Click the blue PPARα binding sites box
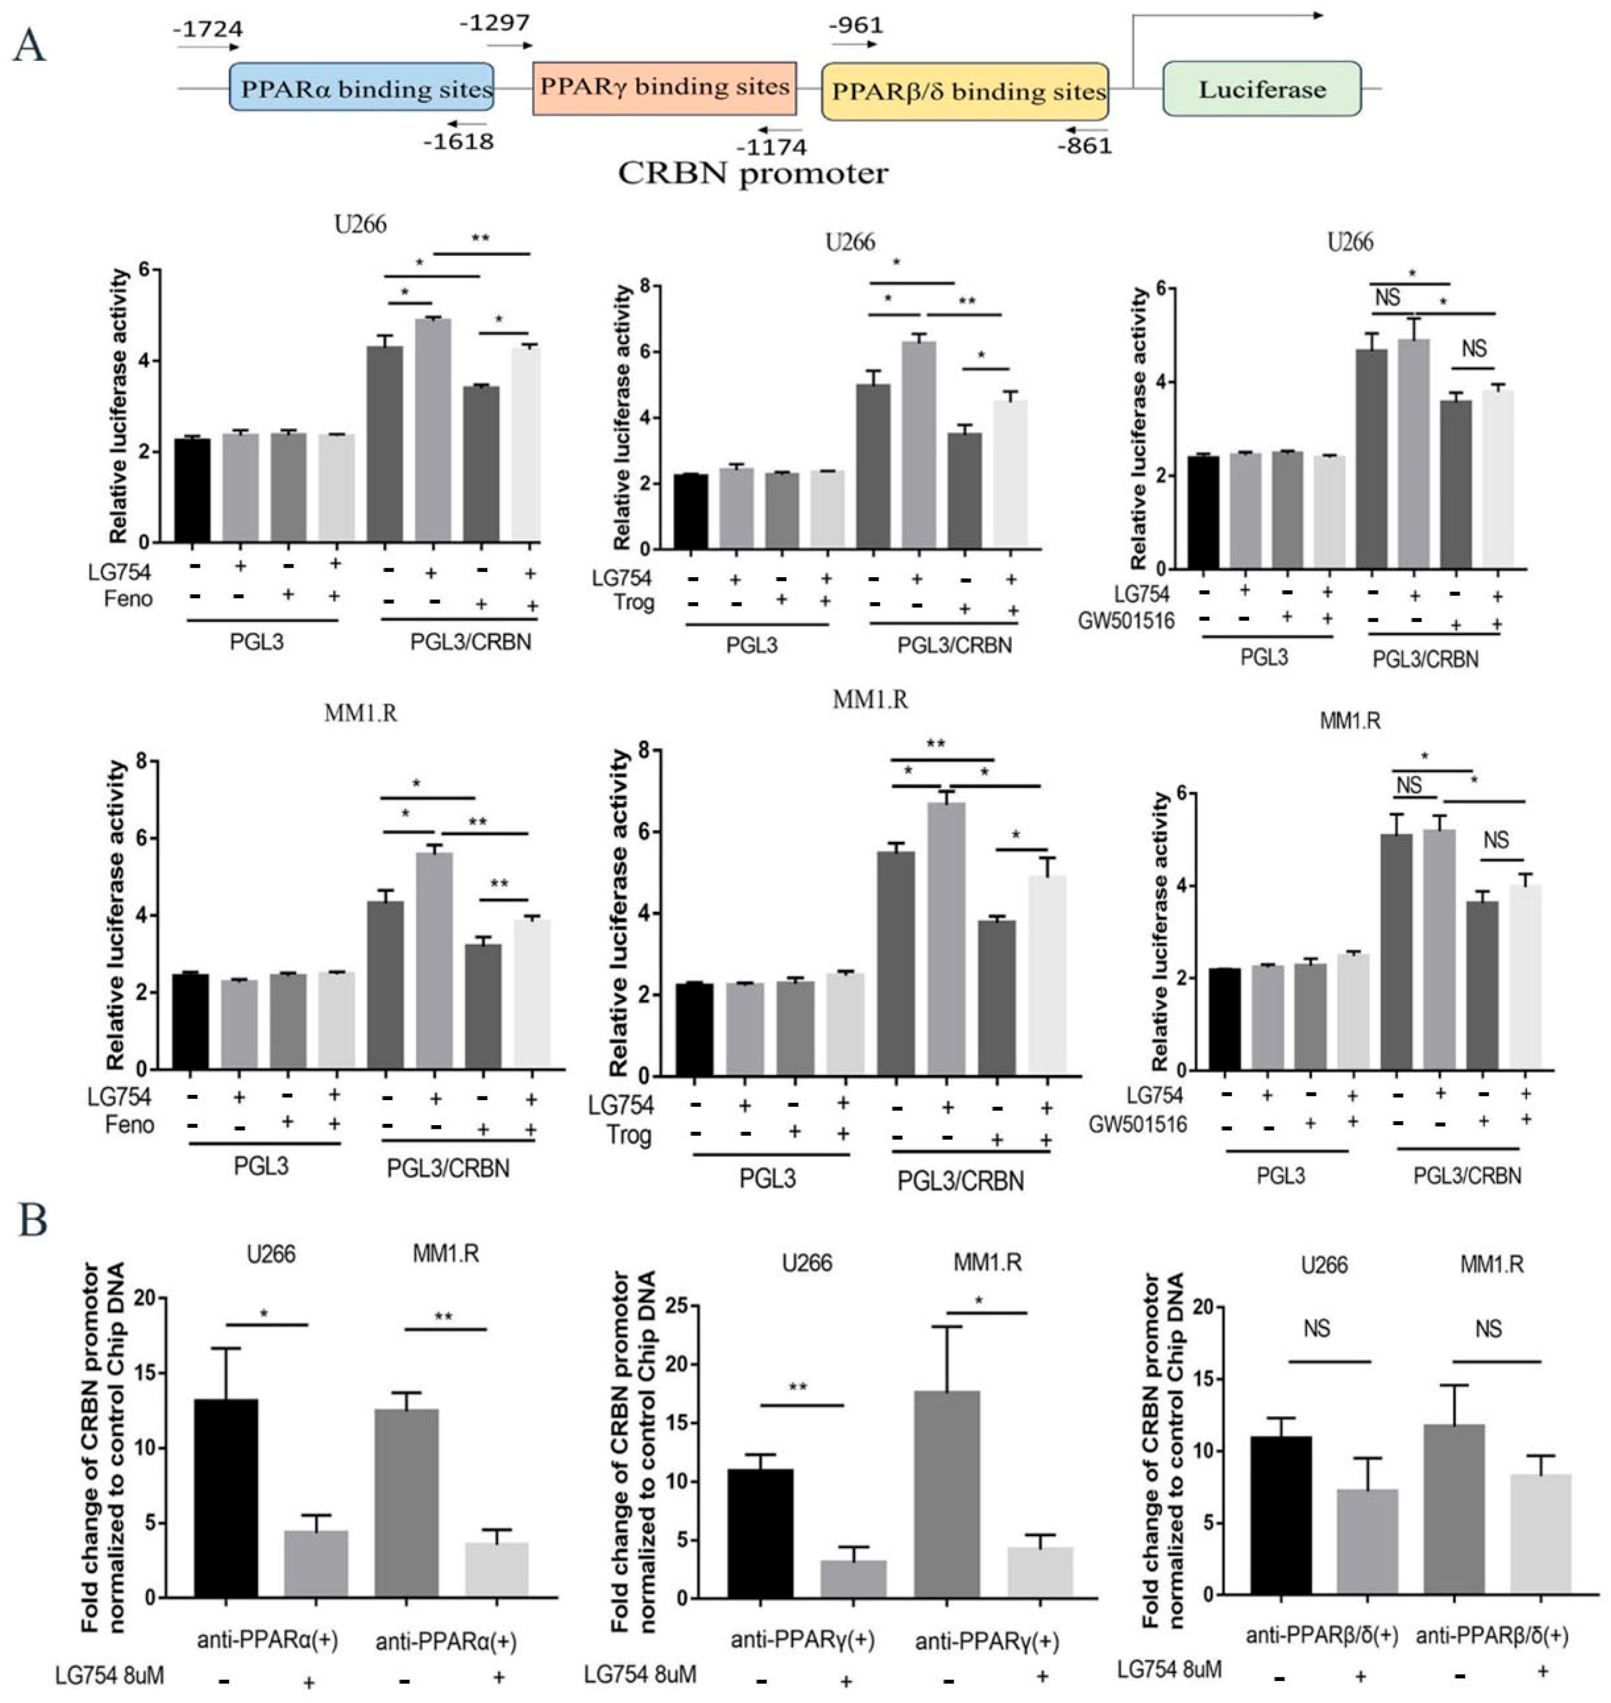point(361,86)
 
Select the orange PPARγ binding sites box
point(664,86)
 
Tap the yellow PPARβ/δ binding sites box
point(964,90)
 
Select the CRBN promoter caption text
point(753,174)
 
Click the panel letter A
point(29,45)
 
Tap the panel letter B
point(33,1221)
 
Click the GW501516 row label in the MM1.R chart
point(1137,1124)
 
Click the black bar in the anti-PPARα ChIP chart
point(226,1498)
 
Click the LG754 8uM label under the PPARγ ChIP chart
point(640,1674)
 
